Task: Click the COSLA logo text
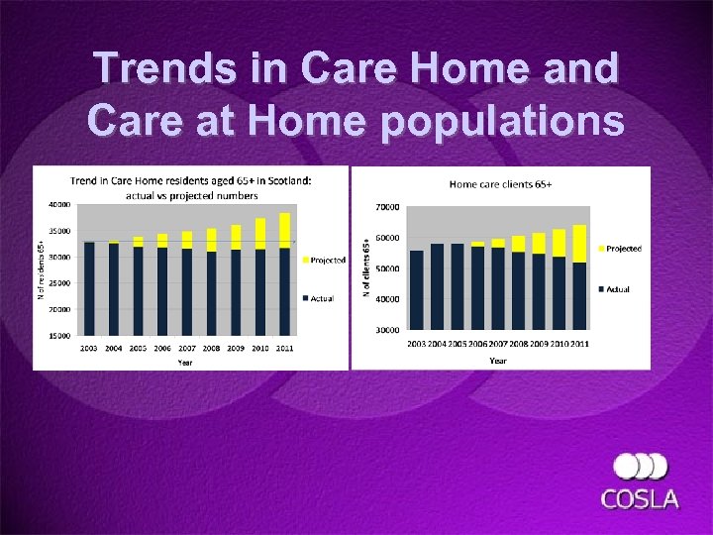pos(641,498)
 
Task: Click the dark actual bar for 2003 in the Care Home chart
pos(89,288)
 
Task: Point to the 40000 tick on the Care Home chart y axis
pos(58,205)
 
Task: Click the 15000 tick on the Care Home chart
pos(58,336)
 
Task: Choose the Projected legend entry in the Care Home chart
pos(326,261)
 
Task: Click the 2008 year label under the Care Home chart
pos(212,349)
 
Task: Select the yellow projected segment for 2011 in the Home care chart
pos(579,244)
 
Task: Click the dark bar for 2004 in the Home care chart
pos(437,286)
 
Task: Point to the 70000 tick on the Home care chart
pos(386,207)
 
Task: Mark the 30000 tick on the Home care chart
pos(386,329)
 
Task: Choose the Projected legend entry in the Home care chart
pos(622,249)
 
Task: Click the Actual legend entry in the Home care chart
pos(616,289)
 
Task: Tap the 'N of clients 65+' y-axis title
pos(366,268)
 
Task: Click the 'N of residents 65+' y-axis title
pos(42,261)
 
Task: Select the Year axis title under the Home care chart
pos(497,361)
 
